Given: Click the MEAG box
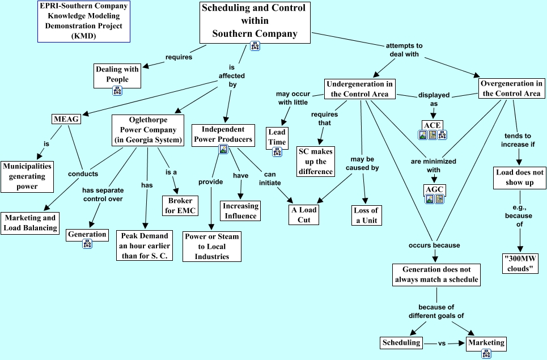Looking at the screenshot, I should [66, 120].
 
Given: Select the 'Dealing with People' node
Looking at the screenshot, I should [117, 74].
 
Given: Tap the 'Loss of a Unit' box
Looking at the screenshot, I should [366, 215].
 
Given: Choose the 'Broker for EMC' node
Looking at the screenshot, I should [180, 205].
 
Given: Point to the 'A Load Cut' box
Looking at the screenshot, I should [304, 215].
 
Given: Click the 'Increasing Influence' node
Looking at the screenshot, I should [240, 210].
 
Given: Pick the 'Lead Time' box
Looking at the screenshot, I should [277, 137].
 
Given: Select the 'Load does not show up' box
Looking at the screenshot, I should [519, 177].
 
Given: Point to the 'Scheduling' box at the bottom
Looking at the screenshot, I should [401, 342].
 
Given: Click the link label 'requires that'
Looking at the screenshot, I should [324, 118].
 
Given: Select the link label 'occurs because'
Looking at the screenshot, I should [434, 245].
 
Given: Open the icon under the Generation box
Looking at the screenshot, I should [87, 244].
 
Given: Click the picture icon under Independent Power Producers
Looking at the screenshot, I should [223, 150].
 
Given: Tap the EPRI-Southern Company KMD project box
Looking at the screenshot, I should [84, 21].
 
